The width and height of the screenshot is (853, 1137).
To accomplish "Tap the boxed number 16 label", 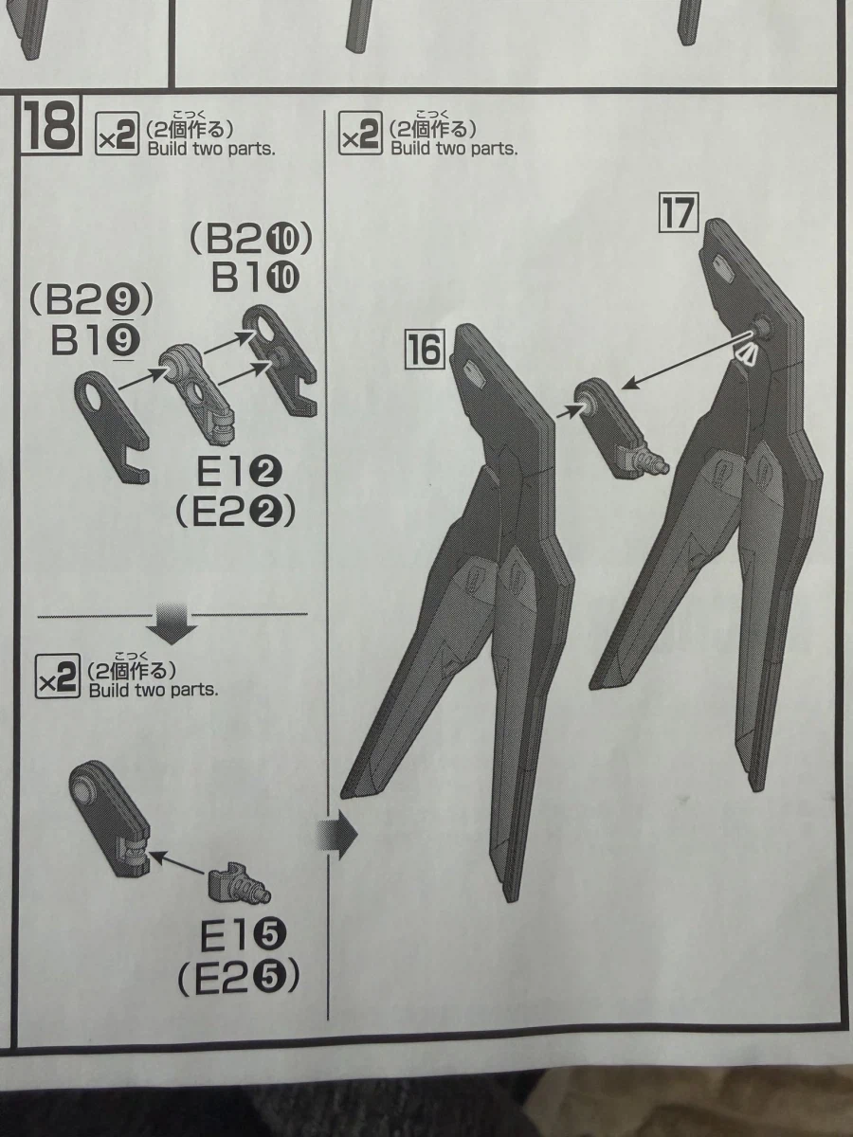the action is (x=425, y=351).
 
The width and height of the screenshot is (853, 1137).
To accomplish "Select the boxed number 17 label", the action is (x=679, y=212).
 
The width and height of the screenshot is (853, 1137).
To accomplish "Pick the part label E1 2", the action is (x=239, y=473).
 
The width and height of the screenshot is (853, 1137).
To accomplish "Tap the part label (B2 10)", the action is (x=252, y=240).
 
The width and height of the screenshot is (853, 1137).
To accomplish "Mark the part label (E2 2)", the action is (x=236, y=512).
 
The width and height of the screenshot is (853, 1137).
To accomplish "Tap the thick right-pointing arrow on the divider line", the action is (x=336, y=835).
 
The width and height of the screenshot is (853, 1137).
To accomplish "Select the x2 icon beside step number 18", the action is (x=117, y=134).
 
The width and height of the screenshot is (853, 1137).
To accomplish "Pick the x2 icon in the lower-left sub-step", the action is (x=58, y=676).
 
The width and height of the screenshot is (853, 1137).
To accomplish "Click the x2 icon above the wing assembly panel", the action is (x=361, y=133).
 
